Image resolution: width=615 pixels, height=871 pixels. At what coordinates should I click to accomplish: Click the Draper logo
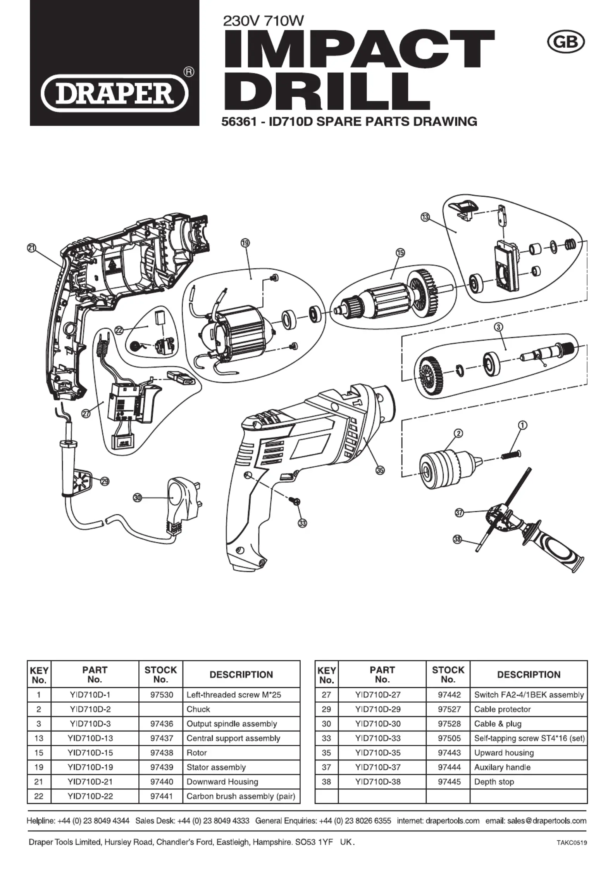pyautogui.click(x=115, y=94)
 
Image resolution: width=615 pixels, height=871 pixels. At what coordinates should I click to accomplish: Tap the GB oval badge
pyautogui.click(x=566, y=42)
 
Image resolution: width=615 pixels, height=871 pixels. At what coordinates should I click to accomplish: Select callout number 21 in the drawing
pyautogui.click(x=31, y=248)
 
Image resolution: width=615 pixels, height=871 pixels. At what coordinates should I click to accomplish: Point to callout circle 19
pyautogui.click(x=245, y=243)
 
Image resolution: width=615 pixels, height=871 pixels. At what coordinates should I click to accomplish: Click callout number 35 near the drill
pyautogui.click(x=380, y=470)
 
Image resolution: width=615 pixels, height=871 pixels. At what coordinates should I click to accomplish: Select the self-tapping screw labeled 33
pyautogui.click(x=294, y=501)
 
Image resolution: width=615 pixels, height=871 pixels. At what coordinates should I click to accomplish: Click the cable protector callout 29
pyautogui.click(x=105, y=481)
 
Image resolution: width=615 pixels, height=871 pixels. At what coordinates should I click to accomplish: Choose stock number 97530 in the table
pyautogui.click(x=161, y=695)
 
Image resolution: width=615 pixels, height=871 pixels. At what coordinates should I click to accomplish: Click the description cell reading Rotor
pyautogui.click(x=197, y=753)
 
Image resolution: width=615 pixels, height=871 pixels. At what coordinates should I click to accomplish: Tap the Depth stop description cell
pyautogui.click(x=494, y=782)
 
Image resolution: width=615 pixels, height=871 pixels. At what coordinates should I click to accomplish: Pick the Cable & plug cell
pyautogui.click(x=498, y=724)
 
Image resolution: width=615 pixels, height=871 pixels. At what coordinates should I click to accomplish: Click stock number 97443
pyautogui.click(x=449, y=753)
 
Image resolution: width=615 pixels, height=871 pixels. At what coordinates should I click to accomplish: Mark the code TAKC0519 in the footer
pyautogui.click(x=572, y=843)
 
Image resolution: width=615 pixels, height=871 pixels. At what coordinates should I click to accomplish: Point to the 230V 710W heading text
pyautogui.click(x=264, y=20)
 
